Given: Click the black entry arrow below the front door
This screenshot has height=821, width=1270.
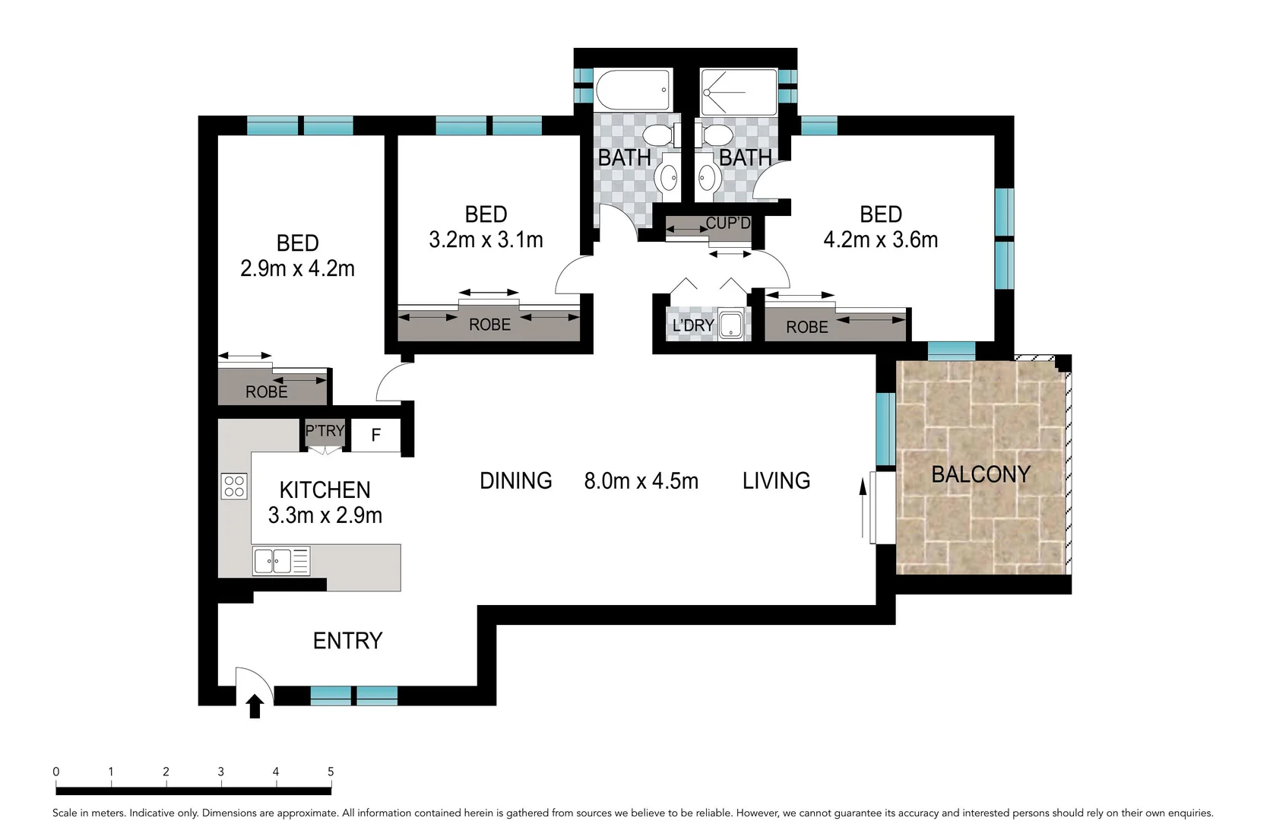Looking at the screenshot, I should [x=255, y=706].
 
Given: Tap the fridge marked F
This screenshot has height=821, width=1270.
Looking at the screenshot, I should [x=375, y=436].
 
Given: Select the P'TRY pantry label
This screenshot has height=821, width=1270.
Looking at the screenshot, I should [x=325, y=431].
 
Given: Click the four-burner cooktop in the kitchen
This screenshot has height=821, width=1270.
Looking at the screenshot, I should [x=234, y=487].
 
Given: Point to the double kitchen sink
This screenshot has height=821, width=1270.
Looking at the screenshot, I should [x=272, y=561].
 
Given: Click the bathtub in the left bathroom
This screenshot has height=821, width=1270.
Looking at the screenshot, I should [x=633, y=90].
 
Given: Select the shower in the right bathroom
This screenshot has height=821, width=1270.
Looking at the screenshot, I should [x=738, y=92].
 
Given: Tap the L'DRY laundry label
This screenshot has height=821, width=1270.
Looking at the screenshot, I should [x=693, y=325].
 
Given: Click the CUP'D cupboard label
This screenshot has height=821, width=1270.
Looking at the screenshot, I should [x=727, y=223].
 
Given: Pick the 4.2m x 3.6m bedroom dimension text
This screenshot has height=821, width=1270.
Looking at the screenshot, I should [x=880, y=240].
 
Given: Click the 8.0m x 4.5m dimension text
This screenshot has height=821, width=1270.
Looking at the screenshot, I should [x=641, y=481].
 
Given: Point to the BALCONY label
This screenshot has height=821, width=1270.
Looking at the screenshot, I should [x=980, y=474].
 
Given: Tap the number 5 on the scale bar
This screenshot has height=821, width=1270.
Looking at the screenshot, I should [x=331, y=772].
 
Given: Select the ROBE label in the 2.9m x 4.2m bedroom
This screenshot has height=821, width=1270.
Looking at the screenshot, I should [x=267, y=392].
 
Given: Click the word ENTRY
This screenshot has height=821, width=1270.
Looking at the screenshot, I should [x=347, y=641].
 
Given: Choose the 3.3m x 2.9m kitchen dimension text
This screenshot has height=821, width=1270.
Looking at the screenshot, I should [x=325, y=515].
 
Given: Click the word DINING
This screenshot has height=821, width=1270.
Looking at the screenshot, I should [x=515, y=481].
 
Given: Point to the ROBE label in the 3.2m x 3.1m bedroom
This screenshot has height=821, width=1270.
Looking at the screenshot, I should [x=489, y=325].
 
